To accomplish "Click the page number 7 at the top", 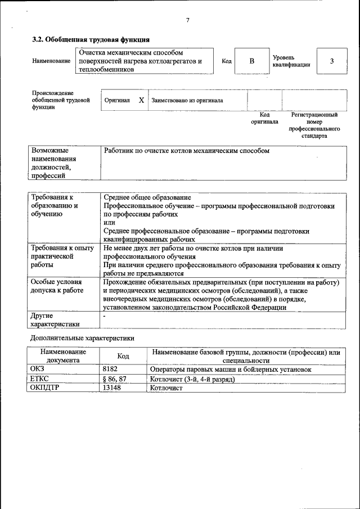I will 187,20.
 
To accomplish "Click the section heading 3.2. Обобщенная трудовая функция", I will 91,40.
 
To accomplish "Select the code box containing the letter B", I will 251,61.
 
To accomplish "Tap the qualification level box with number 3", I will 331,61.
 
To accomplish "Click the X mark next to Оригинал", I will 141,100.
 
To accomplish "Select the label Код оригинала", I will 264,118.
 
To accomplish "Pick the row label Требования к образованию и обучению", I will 55,206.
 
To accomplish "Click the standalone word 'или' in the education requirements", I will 109,222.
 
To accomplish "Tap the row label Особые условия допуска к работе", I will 56,286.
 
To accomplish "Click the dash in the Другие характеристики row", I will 105,317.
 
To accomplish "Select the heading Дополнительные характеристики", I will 82,338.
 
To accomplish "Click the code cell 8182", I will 110,370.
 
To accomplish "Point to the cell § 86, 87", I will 114,379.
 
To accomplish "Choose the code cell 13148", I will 112,388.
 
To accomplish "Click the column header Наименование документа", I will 63,355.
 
